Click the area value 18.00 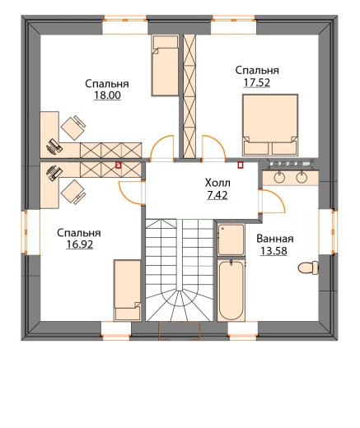107,95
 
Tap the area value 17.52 257,82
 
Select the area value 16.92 80,244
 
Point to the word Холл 217,183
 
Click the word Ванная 275,239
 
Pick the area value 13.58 274,251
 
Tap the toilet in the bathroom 308,267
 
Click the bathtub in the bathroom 231,291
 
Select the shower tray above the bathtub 231,240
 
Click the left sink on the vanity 279,177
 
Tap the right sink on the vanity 302,177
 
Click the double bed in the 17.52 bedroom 270,125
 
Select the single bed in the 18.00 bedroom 165,66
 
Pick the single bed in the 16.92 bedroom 128,291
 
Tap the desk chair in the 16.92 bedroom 73,192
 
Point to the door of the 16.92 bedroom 129,193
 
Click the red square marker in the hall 241,165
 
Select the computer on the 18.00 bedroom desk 54,147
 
